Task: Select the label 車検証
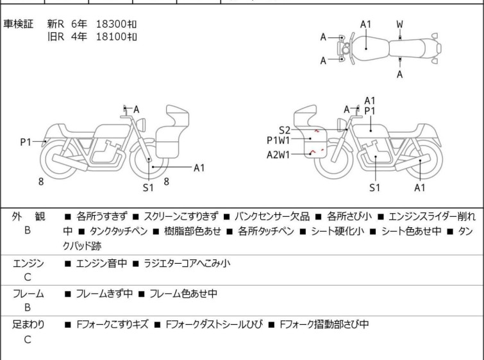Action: point(19,24)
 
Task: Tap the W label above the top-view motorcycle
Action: point(399,24)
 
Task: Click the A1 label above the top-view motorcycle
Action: point(365,24)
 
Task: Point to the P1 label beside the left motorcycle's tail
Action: point(26,142)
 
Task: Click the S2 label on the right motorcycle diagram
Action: point(285,129)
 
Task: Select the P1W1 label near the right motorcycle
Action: point(279,141)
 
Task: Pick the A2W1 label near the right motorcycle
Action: point(279,154)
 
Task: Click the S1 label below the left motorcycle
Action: point(148,187)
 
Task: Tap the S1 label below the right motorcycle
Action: point(375,187)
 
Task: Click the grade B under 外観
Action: point(28,229)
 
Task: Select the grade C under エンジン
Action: point(28,277)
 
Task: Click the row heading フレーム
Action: point(29,294)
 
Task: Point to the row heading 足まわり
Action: point(29,325)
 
